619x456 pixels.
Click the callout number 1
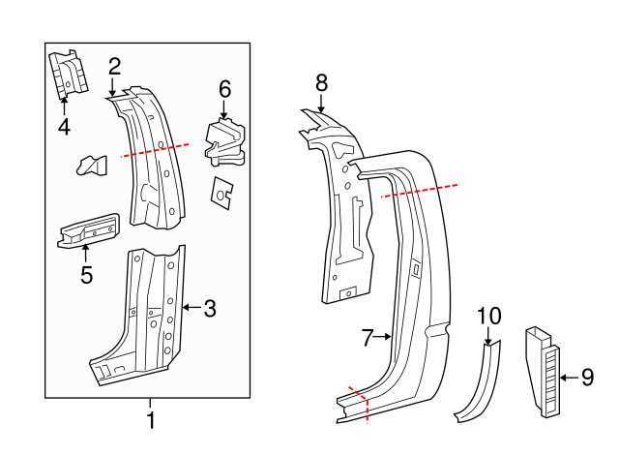pos(150,421)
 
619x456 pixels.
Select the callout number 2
pos(114,67)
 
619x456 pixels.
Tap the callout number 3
pos(209,309)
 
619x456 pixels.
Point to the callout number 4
pos(64,126)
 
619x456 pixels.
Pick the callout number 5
pos(86,275)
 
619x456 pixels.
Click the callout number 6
pos(224,89)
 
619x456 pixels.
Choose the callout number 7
pos(368,338)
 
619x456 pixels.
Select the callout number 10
pos(489,316)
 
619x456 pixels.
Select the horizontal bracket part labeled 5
pos(89,230)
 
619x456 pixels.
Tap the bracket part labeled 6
pos(224,140)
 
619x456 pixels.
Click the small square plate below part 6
pos(223,193)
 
